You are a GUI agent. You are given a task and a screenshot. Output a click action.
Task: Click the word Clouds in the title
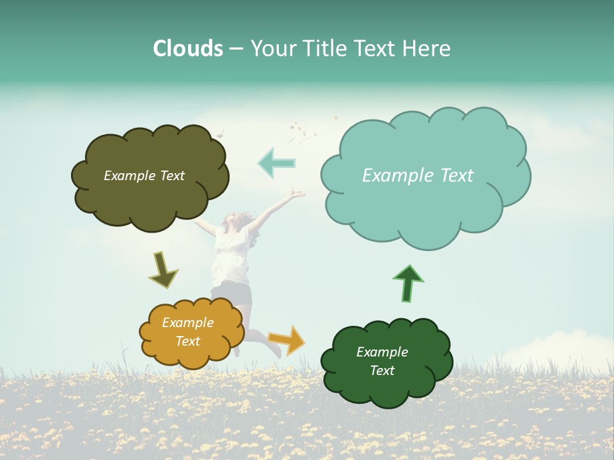[188, 48]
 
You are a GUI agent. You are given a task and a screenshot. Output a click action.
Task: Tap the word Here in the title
[427, 48]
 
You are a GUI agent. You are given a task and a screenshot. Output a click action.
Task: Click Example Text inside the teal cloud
[418, 175]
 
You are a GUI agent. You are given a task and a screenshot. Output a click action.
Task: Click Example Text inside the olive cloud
[144, 175]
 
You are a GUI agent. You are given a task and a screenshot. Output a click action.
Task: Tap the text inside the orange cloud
[187, 332]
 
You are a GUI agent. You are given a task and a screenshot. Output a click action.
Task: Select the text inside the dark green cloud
[382, 361]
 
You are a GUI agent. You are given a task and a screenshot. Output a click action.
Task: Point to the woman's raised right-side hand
[296, 193]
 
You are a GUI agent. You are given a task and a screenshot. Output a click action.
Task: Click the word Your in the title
[274, 48]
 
